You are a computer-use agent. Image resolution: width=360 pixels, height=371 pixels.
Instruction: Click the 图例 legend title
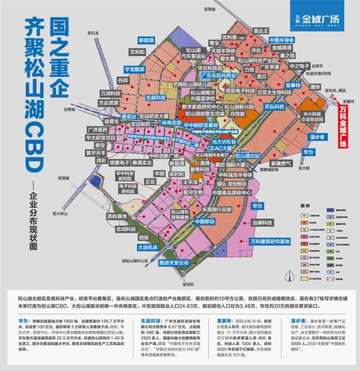point(317,205)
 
